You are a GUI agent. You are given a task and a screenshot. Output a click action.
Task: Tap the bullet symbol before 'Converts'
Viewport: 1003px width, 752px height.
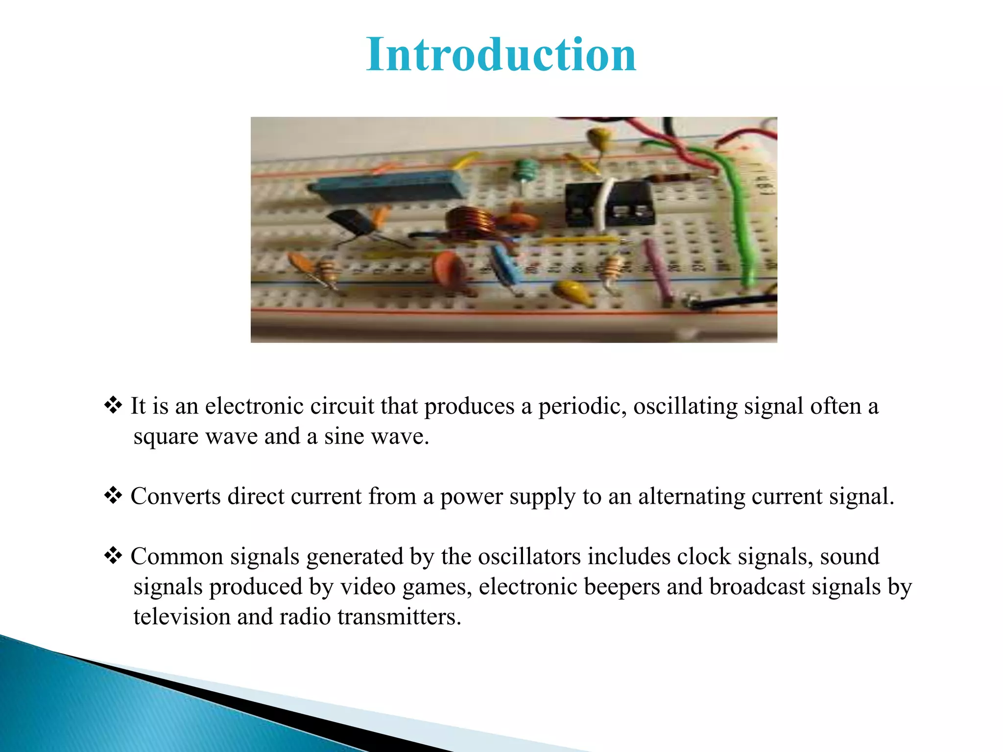point(113,495)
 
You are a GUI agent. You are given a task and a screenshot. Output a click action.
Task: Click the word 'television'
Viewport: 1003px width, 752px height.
point(182,616)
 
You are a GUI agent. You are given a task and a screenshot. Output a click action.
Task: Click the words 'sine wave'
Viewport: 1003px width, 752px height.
point(376,436)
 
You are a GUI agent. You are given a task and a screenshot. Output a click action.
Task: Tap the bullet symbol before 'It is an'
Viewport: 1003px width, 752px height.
point(113,405)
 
